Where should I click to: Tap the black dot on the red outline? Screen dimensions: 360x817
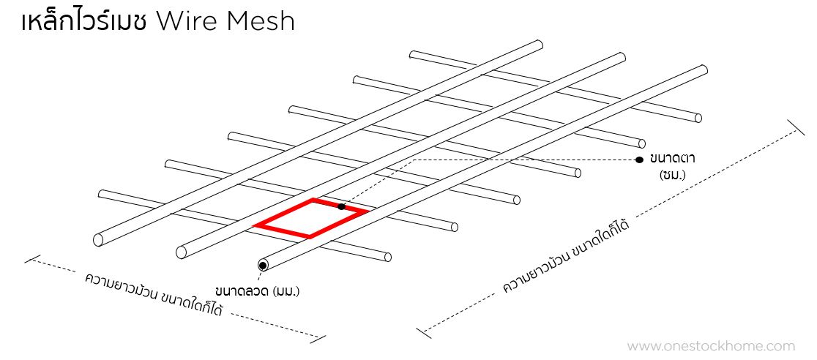pyautogui.click(x=341, y=207)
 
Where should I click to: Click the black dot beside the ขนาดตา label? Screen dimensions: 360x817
pyautogui.click(x=639, y=159)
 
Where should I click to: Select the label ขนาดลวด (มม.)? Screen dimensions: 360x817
pyautogui.click(x=258, y=291)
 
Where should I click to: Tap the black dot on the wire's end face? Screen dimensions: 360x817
pyautogui.click(x=261, y=264)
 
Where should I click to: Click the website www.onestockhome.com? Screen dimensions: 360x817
pyautogui.click(x=711, y=346)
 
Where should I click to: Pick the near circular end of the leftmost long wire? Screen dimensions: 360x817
pyautogui.click(x=99, y=239)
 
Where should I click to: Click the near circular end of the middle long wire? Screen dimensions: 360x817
pyautogui.click(x=182, y=252)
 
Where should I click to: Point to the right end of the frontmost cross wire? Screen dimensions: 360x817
pyautogui.click(x=387, y=257)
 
